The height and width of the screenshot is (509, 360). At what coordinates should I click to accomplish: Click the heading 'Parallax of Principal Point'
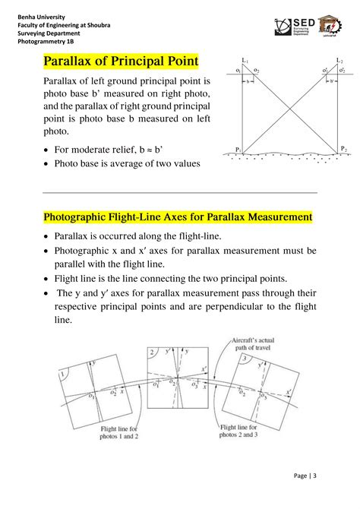tap(121, 60)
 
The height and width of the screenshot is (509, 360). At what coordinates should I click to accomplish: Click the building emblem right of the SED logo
tap(331, 27)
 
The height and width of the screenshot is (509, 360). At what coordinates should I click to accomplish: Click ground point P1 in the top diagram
tap(238, 150)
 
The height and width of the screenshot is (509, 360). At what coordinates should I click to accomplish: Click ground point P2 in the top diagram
tap(343, 149)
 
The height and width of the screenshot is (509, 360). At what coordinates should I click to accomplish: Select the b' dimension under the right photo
tap(331, 80)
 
